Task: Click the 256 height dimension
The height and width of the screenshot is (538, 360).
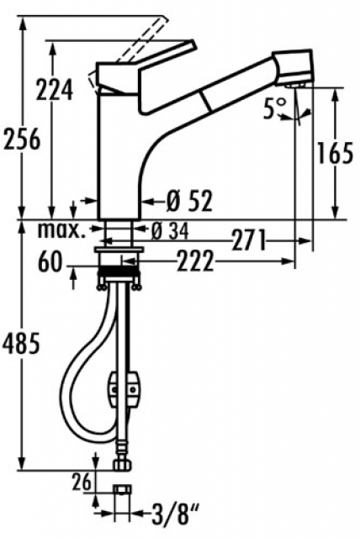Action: (22, 140)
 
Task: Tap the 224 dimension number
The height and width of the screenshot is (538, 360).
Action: (55, 90)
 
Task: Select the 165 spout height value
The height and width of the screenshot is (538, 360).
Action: (335, 153)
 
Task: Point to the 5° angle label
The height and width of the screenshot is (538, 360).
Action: (274, 108)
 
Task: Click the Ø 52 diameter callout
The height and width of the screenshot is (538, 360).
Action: (189, 201)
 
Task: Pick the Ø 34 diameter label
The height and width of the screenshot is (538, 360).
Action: (170, 232)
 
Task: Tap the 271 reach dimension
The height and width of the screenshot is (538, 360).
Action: (249, 240)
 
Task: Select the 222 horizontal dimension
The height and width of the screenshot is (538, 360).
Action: (195, 261)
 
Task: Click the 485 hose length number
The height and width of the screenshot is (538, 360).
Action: (21, 344)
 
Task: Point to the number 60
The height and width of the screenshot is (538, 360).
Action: (50, 263)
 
